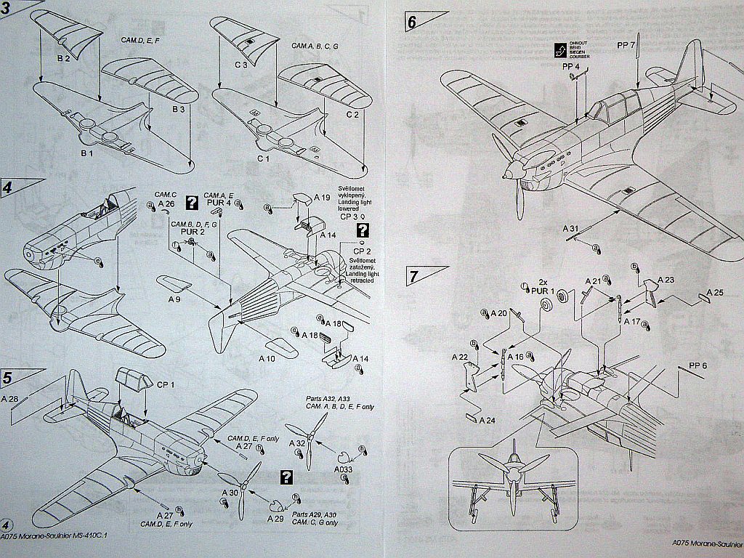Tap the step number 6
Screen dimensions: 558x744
coord(412,22)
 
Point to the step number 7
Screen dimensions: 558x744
coord(413,277)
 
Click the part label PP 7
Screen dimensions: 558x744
coord(626,45)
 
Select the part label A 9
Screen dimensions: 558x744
coord(174,299)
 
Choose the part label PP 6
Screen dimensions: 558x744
coord(697,365)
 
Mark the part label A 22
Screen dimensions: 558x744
coord(458,357)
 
